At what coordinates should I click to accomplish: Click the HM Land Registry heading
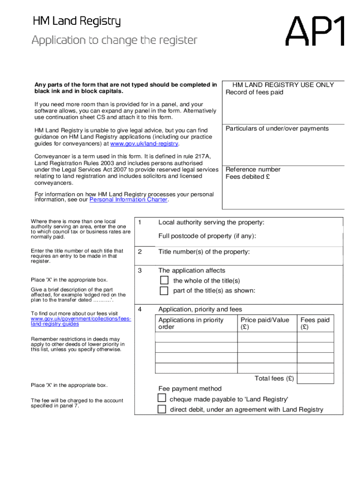77,22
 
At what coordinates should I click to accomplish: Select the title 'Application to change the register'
115,40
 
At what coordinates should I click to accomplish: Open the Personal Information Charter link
128,200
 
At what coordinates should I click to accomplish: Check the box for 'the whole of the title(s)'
164,280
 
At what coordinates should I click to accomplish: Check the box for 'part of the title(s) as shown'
164,291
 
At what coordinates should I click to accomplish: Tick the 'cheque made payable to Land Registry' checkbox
162,399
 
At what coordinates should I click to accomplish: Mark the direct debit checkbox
162,409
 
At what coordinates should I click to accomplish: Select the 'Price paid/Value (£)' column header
265,323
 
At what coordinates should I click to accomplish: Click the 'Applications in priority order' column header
191,323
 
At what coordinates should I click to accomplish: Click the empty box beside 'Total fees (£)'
315,378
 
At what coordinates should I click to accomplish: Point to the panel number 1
139,223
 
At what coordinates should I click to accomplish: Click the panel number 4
139,309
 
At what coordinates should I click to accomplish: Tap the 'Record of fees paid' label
254,92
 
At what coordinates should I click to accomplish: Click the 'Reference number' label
253,169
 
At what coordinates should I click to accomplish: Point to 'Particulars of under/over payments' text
277,129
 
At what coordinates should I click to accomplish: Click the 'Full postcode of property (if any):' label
207,236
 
